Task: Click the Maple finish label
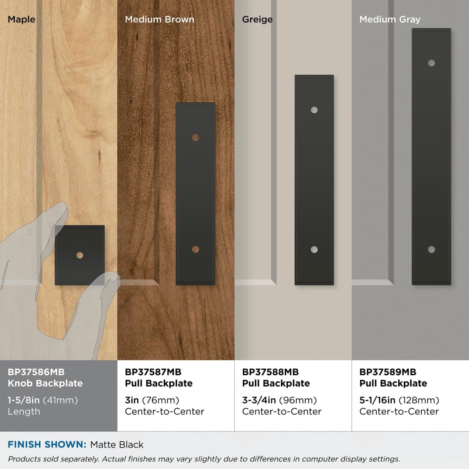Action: pos(21,20)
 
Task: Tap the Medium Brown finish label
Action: pos(160,20)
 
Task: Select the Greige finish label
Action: pos(257,20)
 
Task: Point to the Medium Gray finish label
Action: pos(390,20)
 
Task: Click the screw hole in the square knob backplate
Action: pos(80,255)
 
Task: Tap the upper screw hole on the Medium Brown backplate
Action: pos(195,138)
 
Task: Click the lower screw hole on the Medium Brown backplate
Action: pos(195,249)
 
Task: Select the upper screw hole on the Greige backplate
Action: pos(314,110)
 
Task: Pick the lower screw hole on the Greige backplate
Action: pos(314,249)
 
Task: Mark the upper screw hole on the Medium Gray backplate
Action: pos(431,63)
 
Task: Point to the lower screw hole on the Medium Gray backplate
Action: pos(431,249)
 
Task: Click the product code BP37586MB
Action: pos(36,372)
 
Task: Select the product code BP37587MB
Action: pos(153,372)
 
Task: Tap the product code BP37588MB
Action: pos(270,372)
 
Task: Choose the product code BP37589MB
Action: pos(388,372)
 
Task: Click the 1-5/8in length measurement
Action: pos(23,400)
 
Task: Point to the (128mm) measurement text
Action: pos(419,400)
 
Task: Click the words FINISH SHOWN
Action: pos(47,445)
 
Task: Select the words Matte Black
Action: pos(117,445)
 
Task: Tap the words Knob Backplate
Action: pos(45,383)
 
